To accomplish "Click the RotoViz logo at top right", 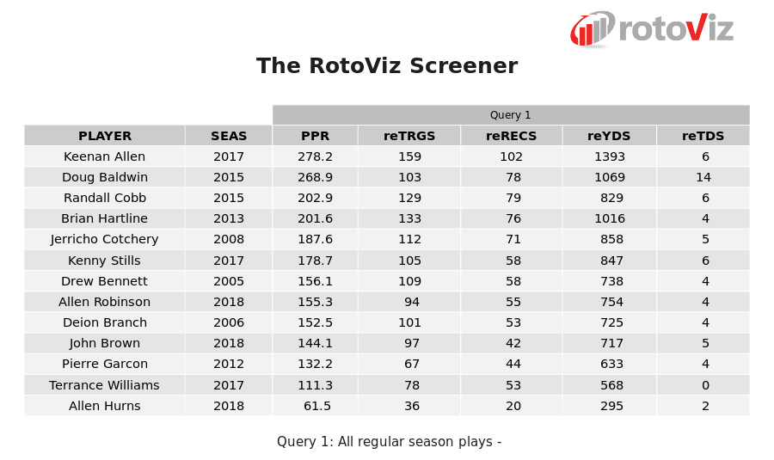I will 652,29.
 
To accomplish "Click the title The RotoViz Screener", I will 387,66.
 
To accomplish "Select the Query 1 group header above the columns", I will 510,115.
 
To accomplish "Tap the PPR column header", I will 315,136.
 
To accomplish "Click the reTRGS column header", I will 409,136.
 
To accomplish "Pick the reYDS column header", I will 609,136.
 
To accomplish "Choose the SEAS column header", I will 229,136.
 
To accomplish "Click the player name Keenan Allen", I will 105,156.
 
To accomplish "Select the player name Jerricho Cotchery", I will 105,240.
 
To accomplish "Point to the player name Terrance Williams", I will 105,385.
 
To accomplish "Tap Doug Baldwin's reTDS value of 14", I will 703,177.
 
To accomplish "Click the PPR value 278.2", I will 315,156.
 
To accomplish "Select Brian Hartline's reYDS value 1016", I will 610,219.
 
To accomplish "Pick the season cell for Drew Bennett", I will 229,281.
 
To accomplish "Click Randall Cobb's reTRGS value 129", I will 409,198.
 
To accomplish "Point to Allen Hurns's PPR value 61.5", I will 316,406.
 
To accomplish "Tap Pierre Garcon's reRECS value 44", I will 513,365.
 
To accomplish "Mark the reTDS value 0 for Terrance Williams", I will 705,385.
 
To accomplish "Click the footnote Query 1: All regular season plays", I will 389,442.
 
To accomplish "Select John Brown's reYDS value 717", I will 611,344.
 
